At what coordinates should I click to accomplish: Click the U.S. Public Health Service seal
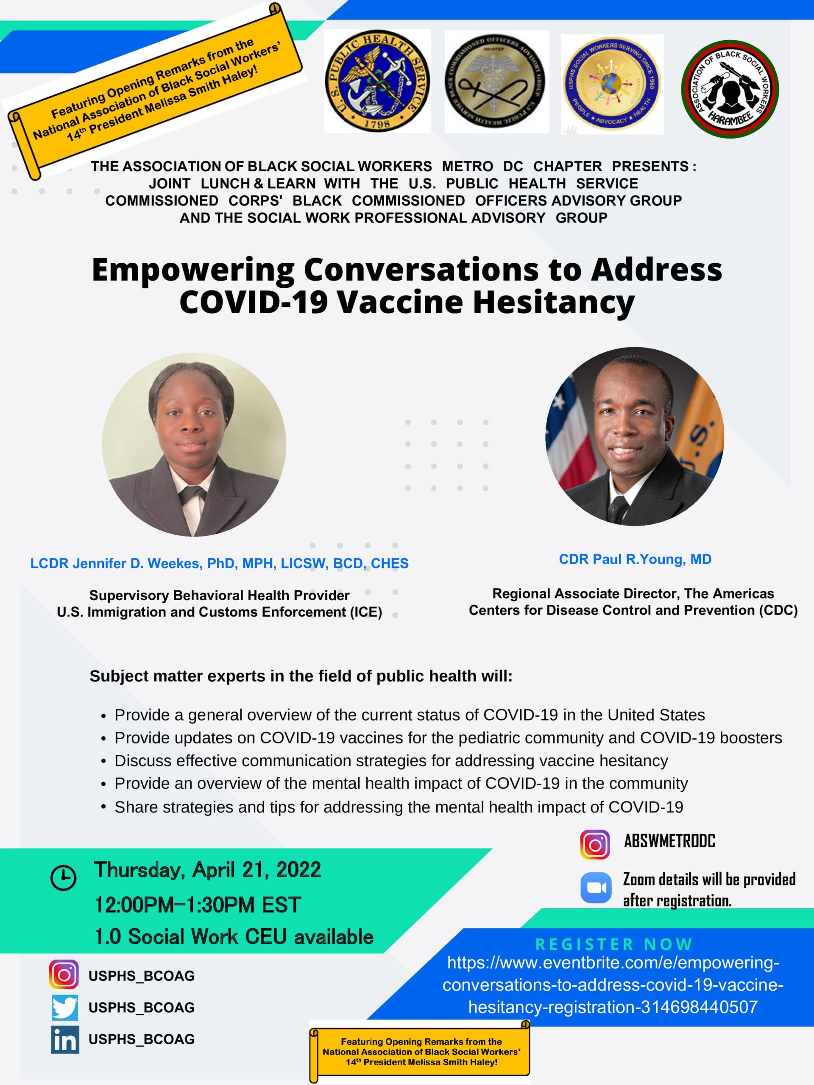click(x=377, y=81)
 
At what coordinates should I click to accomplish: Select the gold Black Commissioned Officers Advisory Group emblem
click(x=496, y=81)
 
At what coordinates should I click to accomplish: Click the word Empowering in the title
click(x=193, y=270)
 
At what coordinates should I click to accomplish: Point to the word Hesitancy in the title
click(x=553, y=302)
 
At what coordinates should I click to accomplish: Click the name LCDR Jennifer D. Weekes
click(x=116, y=563)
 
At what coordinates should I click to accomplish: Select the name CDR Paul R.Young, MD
click(x=635, y=559)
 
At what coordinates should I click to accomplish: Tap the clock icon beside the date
click(x=64, y=877)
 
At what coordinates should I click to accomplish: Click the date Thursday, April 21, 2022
click(x=208, y=870)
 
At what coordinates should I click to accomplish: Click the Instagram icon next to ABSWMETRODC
click(x=595, y=845)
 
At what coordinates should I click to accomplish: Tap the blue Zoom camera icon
click(x=596, y=887)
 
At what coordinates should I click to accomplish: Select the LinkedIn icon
click(x=65, y=1039)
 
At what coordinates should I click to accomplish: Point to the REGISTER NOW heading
click(x=613, y=944)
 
